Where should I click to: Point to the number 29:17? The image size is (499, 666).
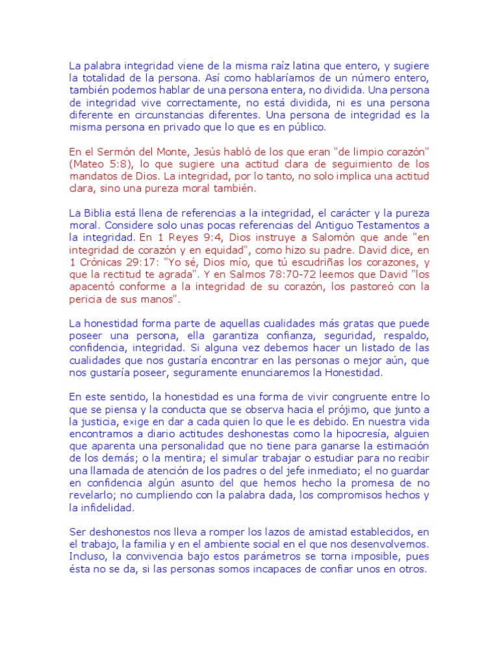click(x=144, y=262)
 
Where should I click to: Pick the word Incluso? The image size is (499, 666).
click(x=88, y=555)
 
